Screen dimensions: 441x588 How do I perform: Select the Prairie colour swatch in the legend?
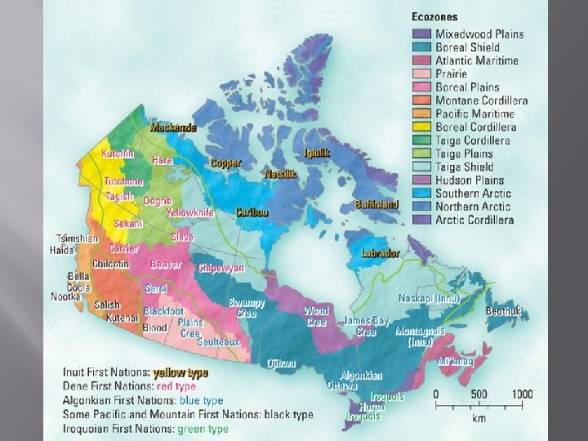click(421, 74)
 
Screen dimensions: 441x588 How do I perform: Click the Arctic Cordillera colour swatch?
click(421, 220)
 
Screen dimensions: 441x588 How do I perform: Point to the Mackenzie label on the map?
click(173, 128)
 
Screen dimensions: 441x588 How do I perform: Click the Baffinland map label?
click(376, 204)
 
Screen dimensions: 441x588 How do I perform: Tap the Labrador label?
click(380, 253)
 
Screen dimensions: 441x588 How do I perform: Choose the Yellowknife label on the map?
click(189, 212)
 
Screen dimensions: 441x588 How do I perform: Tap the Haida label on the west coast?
click(61, 250)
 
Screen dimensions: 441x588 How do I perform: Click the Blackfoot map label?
click(163, 311)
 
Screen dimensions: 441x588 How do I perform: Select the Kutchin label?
click(118, 154)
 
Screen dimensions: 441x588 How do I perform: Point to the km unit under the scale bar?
click(479, 418)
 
